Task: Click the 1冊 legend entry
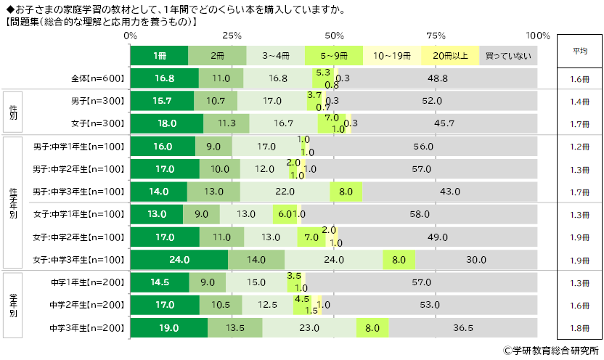pyautogui.click(x=159, y=56)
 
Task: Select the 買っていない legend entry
pyautogui.click(x=508, y=56)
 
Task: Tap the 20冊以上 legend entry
pyautogui.click(x=450, y=56)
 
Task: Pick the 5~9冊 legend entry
pyautogui.click(x=333, y=56)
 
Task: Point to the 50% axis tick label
pyautogui.click(x=335, y=36)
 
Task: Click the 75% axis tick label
pyautogui.click(x=436, y=36)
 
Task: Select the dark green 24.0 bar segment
pyautogui.click(x=179, y=259)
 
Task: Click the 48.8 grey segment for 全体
pyautogui.click(x=438, y=78)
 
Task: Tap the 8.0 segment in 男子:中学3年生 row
pyautogui.click(x=346, y=192)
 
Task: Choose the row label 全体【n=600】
pyautogui.click(x=99, y=78)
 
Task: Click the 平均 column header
pyautogui.click(x=579, y=52)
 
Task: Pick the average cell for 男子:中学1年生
pyautogui.click(x=579, y=147)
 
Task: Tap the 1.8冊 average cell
pyautogui.click(x=579, y=327)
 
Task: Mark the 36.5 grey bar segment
pyautogui.click(x=474, y=327)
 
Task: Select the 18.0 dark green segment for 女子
pyautogui.click(x=167, y=123)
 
